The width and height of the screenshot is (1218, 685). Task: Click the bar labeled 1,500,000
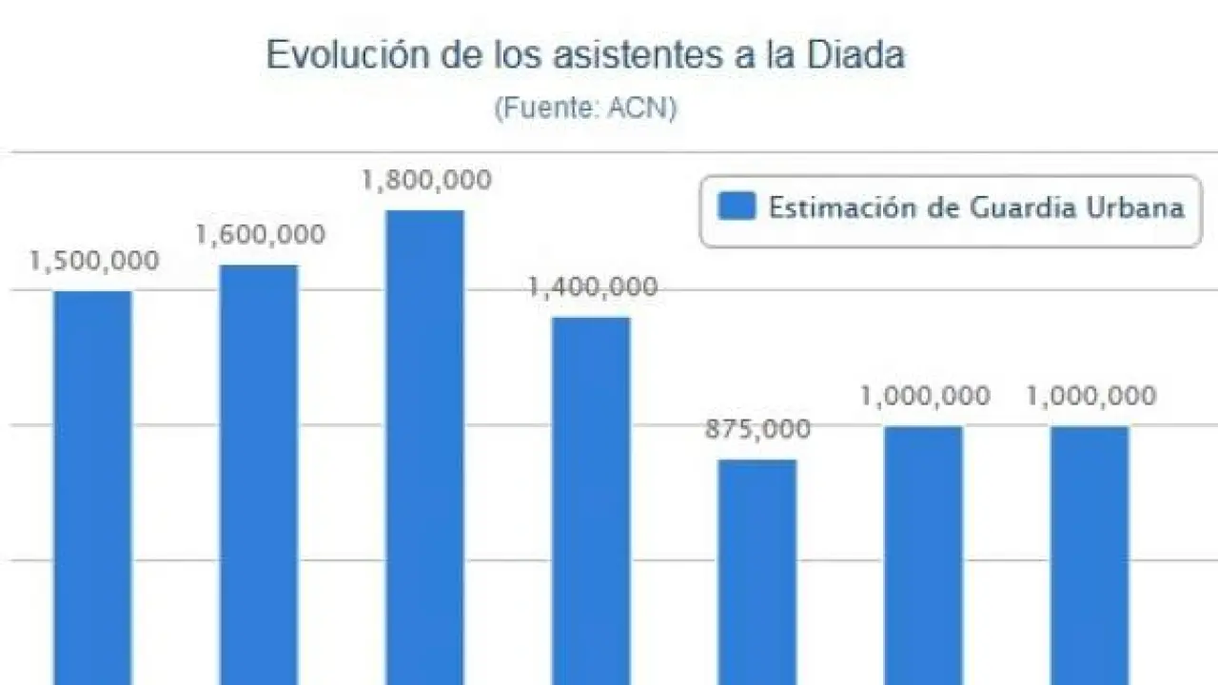click(x=92, y=485)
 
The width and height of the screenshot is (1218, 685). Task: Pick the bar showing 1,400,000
click(x=591, y=499)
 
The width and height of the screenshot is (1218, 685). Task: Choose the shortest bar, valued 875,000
click(x=756, y=571)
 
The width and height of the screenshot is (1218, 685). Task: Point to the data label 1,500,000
click(x=94, y=262)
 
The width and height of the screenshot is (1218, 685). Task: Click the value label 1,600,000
click(x=260, y=235)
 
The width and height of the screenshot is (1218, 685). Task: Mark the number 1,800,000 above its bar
click(x=426, y=181)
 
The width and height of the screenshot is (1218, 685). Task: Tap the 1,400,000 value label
click(x=593, y=287)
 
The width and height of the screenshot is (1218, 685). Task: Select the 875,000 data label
click(x=758, y=430)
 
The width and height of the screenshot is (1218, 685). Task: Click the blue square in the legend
click(x=737, y=206)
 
